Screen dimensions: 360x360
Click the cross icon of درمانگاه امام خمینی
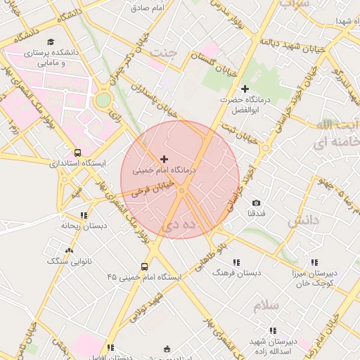point(165,159)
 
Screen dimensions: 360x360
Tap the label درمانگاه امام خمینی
point(165,170)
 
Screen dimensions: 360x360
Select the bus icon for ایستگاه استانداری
point(77,152)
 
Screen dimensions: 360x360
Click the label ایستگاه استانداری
point(77,163)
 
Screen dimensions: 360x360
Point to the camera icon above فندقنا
point(255,202)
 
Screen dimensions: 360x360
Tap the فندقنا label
point(256,213)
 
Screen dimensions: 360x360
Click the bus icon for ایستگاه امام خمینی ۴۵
point(144,266)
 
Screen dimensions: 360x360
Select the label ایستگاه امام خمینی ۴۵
point(144,278)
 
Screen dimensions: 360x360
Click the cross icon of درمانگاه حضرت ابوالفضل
point(245,89)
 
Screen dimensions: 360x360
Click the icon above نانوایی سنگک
point(69,250)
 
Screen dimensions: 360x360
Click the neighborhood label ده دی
point(178,226)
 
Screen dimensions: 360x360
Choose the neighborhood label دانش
point(303,221)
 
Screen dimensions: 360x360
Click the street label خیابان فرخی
point(150,191)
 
